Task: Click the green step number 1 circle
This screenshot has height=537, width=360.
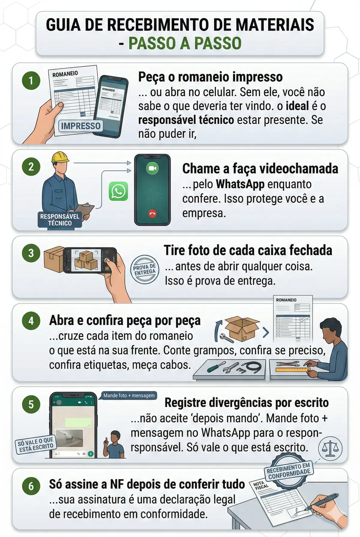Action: click(x=31, y=80)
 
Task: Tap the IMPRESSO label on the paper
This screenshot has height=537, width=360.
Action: click(x=81, y=126)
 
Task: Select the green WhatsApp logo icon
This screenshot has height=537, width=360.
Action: click(x=118, y=191)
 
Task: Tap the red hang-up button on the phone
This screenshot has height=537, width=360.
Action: click(x=153, y=214)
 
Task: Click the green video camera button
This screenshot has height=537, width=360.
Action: click(x=152, y=168)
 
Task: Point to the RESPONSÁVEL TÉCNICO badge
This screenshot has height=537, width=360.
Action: click(x=60, y=220)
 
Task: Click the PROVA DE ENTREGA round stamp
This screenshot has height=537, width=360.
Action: click(x=145, y=270)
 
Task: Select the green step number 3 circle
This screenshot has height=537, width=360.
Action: click(x=31, y=253)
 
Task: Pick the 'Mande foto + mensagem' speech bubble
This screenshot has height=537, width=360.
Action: click(x=129, y=396)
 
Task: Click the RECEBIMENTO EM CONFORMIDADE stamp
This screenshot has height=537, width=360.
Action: click(x=289, y=470)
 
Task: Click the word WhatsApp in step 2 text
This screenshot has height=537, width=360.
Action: click(x=240, y=184)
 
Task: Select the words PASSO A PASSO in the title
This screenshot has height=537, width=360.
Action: click(x=185, y=43)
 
